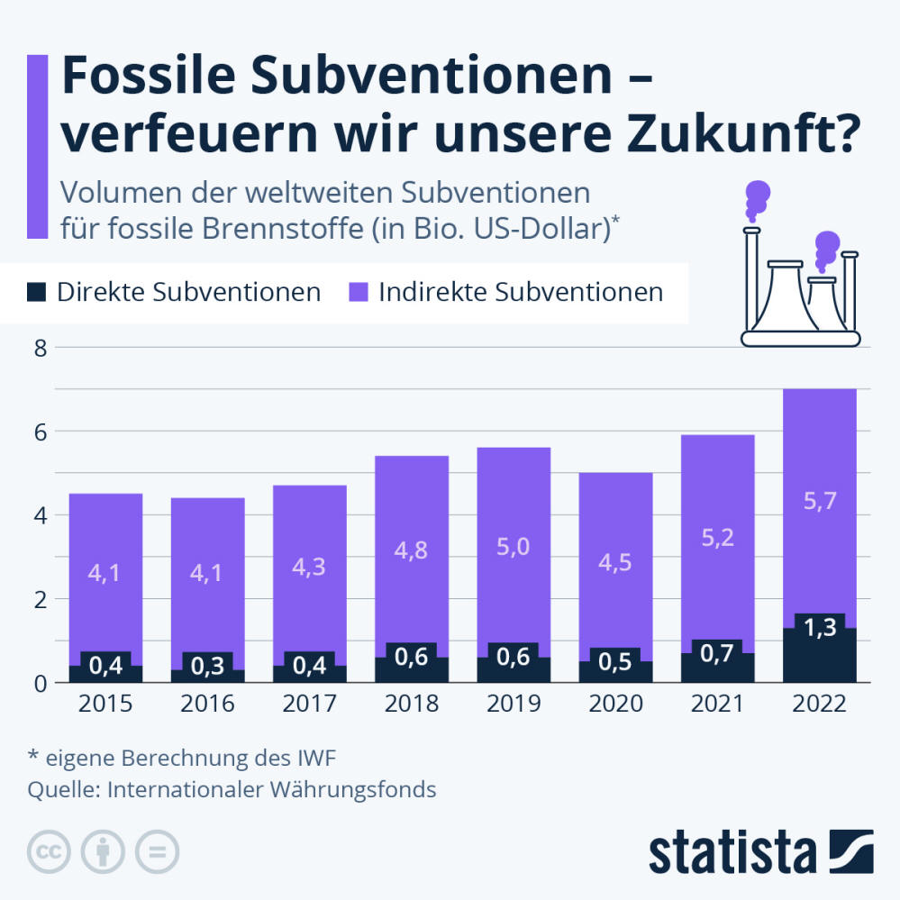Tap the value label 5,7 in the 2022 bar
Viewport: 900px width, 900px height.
click(x=819, y=502)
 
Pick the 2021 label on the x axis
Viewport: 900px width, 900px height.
click(x=717, y=705)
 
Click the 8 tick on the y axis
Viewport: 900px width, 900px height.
click(x=39, y=347)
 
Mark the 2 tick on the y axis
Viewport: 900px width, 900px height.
click(x=39, y=599)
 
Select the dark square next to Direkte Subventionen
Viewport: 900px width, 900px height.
click(x=37, y=292)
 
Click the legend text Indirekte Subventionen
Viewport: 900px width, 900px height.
click(x=521, y=292)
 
